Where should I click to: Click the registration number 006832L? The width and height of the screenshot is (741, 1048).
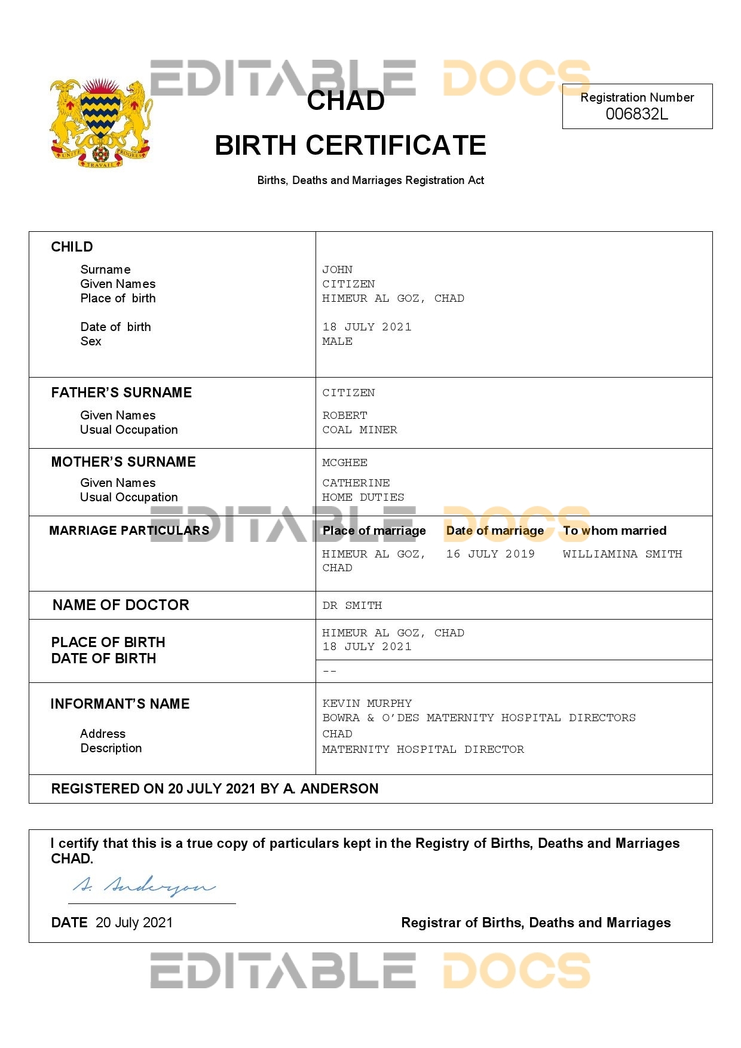tap(636, 114)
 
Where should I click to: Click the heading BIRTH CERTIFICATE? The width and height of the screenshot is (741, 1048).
tap(350, 145)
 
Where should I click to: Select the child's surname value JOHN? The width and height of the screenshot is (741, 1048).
tap(337, 269)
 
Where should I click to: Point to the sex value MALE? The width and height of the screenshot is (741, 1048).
tap(337, 341)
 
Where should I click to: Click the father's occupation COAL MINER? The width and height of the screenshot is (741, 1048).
tap(359, 430)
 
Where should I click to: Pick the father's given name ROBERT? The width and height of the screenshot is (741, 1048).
tap(345, 415)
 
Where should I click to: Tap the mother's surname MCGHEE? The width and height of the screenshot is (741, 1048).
tap(345, 462)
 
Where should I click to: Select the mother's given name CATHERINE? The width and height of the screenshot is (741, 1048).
tap(356, 483)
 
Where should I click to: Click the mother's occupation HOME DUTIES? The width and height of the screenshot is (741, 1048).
tap(363, 497)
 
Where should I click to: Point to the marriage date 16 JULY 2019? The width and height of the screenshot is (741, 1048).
tap(490, 554)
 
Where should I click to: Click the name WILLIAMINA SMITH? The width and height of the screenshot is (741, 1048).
tap(622, 554)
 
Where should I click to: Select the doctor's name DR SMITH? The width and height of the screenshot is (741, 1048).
tap(352, 605)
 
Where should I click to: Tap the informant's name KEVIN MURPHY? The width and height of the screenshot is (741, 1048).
tap(367, 703)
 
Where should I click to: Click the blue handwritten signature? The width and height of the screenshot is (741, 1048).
tap(144, 886)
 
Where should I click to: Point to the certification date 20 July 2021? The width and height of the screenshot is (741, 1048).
tap(134, 923)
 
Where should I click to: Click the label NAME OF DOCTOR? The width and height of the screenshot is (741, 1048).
tap(121, 605)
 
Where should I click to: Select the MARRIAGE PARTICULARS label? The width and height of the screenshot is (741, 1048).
tap(129, 531)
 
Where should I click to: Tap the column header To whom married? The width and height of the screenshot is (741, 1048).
tap(614, 531)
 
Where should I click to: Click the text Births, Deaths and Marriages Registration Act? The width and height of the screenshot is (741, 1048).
tap(370, 180)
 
